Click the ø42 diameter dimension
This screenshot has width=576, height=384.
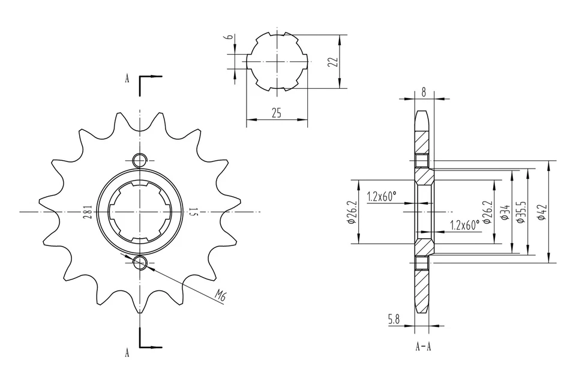[542, 212]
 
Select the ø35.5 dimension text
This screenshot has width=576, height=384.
[520, 212]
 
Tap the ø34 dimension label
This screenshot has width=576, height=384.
[505, 212]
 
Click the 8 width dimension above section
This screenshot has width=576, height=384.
[424, 92]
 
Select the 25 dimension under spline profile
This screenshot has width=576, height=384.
[276, 113]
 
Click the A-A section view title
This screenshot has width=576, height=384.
[424, 347]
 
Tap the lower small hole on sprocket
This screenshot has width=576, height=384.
[139, 262]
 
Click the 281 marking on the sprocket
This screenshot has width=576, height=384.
[87, 212]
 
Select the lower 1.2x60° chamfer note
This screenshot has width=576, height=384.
[464, 226]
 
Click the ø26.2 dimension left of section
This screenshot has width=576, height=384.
[353, 212]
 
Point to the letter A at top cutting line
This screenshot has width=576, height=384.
[127, 79]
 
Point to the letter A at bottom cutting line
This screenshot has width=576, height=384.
[127, 353]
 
